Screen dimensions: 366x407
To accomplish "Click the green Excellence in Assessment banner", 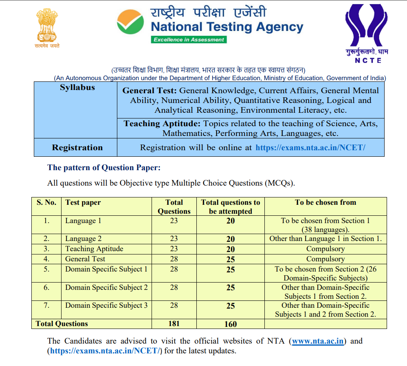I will tap(189, 39).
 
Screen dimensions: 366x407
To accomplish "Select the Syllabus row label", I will tap(77, 88).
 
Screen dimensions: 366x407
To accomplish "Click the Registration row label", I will tap(77, 147).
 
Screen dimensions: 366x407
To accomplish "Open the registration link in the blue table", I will tap(310, 147).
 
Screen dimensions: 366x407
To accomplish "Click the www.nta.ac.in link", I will tap(318, 341).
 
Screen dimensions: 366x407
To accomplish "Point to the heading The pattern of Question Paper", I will tap(104, 167).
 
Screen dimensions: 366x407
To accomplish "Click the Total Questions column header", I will tap(174, 207).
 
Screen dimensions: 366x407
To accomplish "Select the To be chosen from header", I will tap(326, 202).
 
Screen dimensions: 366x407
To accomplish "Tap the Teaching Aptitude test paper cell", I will tap(94, 249).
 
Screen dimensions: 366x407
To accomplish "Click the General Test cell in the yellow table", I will tap(85, 259).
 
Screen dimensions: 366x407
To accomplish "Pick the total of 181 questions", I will tap(174, 324).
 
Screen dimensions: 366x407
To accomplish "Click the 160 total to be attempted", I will tap(230, 324).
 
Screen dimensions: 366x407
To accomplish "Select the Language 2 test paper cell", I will tap(84, 239).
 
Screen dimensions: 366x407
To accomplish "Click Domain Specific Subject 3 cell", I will tap(106, 305).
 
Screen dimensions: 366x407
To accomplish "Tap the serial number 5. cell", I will tap(46, 269).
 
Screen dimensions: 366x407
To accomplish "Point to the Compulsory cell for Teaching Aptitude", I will tap(326, 249).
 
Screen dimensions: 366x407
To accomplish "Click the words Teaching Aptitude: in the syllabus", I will tap(162, 123).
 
